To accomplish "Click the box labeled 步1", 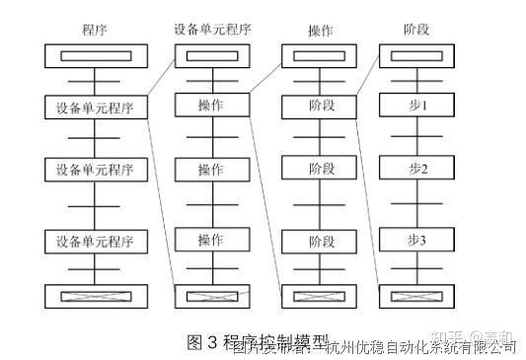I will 416,104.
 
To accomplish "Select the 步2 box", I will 416,169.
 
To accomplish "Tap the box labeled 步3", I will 416,240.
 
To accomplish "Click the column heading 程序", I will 96,30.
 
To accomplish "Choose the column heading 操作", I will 319,30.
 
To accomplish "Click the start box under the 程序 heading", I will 96,55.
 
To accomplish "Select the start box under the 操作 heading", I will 319,55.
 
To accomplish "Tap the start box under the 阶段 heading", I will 416,55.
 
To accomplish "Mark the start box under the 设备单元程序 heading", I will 211,55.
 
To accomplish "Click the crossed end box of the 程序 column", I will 96,295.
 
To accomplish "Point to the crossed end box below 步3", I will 416,295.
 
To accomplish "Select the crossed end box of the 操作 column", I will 319,295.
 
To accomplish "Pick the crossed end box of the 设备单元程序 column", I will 211,295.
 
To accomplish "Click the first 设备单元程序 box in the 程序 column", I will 96,106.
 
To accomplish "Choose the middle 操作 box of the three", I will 211,170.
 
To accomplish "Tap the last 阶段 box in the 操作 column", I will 319,240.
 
